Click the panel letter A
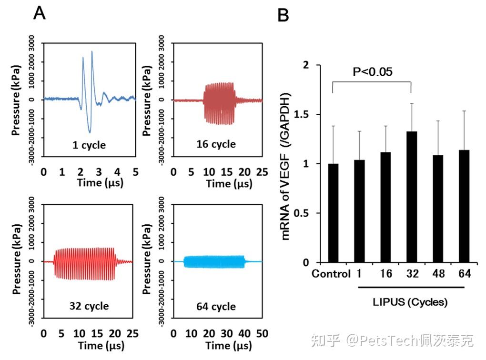click(40, 13)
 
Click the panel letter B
click(283, 15)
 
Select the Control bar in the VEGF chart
click(333, 213)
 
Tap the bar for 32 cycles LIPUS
click(412, 197)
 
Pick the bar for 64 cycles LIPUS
click(464, 206)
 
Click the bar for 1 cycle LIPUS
click(360, 211)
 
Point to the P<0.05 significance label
click(373, 72)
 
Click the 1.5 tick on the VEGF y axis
click(301, 114)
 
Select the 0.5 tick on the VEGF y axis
click(301, 213)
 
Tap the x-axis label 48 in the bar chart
click(438, 273)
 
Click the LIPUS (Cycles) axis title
click(410, 302)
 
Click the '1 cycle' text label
click(89, 145)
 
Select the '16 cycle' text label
click(216, 144)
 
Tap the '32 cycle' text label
click(89, 306)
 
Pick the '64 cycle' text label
click(216, 307)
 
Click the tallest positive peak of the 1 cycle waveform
click(92, 52)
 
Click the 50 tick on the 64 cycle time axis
click(262, 334)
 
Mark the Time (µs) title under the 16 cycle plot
click(229, 184)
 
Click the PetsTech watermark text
click(393, 340)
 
